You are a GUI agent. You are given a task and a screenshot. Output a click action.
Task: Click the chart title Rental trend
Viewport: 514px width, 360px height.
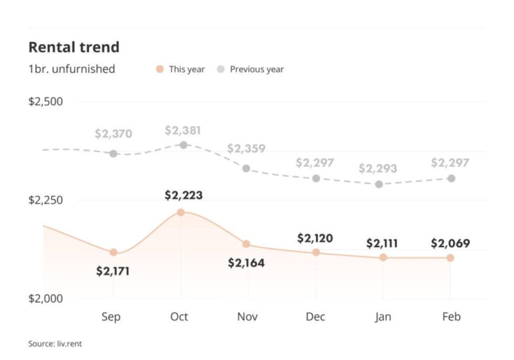pos(74,47)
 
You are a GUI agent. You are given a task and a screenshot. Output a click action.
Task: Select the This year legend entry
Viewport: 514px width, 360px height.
pos(181,69)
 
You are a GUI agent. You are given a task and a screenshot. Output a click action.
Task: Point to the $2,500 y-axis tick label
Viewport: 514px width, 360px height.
pos(45,102)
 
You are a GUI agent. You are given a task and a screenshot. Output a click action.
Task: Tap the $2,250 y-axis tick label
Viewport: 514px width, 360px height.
pos(45,200)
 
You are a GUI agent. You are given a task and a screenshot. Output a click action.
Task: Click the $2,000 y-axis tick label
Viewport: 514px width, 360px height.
pos(45,299)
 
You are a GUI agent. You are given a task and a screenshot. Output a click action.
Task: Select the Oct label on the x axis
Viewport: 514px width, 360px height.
pos(179,317)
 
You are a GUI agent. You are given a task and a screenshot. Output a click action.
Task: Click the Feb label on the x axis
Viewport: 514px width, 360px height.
pos(451,317)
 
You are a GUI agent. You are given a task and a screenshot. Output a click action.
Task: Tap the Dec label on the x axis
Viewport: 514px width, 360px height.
pos(315,317)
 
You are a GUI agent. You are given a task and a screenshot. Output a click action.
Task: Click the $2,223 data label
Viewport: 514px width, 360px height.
pos(183,195)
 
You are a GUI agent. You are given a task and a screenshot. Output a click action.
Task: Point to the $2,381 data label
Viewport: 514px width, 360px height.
pos(183,131)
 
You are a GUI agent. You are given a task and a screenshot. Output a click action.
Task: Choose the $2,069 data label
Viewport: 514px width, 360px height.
pos(450,244)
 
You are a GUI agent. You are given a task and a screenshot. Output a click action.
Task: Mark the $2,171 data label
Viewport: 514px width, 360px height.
pos(113,271)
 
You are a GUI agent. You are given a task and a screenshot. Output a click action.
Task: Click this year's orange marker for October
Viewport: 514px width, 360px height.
pos(181,212)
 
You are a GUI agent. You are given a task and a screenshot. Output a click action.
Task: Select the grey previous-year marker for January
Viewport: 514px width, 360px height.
pos(379,184)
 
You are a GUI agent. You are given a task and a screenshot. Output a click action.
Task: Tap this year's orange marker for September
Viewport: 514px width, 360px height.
pos(114,252)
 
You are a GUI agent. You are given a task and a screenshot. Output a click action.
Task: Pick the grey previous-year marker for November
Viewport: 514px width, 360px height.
pos(246,168)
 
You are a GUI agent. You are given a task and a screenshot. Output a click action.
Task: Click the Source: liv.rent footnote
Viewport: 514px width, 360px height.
pos(55,344)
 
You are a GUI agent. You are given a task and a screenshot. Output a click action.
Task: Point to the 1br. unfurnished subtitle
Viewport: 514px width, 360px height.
pos(71,69)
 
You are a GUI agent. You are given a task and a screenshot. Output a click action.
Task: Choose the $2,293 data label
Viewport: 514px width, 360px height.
pos(377,168)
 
